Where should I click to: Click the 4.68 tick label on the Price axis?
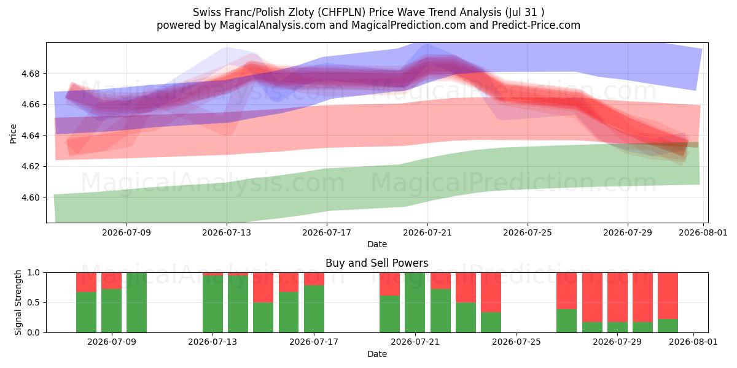tap(30, 74)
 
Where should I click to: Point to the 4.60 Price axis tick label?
tap(30, 197)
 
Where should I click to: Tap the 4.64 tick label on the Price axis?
tap(30, 136)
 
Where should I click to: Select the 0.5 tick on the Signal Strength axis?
tap(34, 302)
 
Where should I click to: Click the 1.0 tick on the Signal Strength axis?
tap(34, 273)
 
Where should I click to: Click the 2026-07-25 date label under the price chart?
tap(528, 232)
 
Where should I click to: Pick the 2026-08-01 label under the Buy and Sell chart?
tap(693, 342)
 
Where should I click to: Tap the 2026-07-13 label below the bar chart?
tap(213, 342)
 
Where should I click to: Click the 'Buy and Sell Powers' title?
tap(377, 263)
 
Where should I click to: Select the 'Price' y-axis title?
tap(13, 134)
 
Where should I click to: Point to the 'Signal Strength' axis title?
tap(18, 302)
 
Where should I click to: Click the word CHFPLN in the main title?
tap(343, 12)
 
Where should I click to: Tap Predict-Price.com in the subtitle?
tap(536, 25)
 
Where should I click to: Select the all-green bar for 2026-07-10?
tap(136, 302)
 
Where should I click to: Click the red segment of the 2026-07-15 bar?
tap(263, 288)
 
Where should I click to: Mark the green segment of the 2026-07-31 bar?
tap(668, 326)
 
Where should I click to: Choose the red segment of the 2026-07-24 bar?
tap(491, 293)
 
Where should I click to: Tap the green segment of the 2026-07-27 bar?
tap(566, 321)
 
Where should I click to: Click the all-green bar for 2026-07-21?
tap(415, 302)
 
